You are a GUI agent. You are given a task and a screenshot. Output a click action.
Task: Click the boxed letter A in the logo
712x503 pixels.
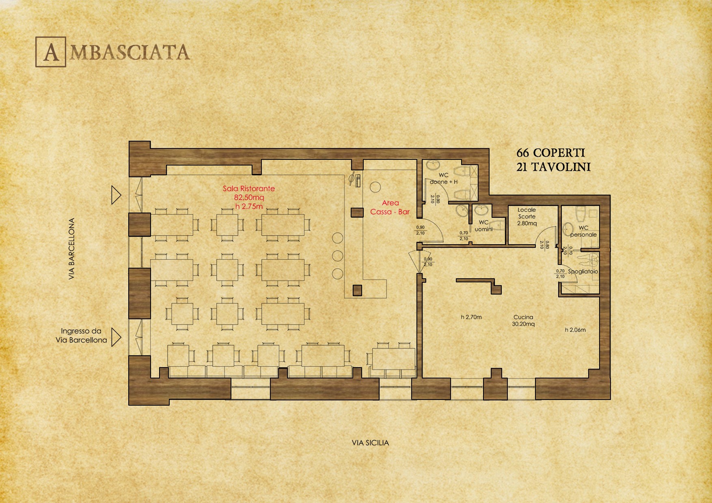click(51, 52)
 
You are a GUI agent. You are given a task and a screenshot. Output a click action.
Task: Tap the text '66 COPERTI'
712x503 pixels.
click(550, 153)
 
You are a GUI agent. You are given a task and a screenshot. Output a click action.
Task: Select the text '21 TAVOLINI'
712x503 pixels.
click(553, 167)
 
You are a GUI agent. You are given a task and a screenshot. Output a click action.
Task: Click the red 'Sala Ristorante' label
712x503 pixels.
click(249, 189)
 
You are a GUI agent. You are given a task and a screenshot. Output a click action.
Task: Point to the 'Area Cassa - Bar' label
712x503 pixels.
click(390, 207)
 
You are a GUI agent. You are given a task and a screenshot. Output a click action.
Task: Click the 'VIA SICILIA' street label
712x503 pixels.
click(370, 443)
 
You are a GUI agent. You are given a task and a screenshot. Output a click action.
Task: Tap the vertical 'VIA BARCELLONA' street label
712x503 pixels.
click(72, 249)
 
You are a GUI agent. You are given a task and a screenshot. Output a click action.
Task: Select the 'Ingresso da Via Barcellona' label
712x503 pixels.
click(81, 336)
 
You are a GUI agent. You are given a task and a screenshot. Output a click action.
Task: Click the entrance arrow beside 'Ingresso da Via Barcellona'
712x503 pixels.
click(117, 337)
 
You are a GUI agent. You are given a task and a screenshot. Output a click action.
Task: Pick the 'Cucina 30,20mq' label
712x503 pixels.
click(523, 320)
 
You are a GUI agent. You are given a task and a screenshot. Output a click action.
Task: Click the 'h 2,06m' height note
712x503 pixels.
click(575, 330)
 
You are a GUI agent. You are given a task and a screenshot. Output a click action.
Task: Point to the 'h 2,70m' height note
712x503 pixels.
click(471, 317)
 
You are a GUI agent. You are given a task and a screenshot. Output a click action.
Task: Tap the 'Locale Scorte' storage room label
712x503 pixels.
click(527, 213)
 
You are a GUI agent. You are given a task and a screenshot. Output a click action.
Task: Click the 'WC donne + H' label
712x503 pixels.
click(444, 178)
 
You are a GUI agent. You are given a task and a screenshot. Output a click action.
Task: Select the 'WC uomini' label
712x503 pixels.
click(483, 226)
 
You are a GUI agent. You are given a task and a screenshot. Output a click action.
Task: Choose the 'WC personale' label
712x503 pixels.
click(583, 231)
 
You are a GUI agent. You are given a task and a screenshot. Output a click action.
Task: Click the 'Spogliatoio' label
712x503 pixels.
click(583, 271)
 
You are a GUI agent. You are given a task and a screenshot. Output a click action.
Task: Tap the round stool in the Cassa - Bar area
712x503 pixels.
click(375, 187)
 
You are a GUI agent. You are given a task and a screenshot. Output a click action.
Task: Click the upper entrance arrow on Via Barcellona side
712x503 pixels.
click(117, 195)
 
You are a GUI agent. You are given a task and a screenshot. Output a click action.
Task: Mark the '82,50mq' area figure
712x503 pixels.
click(249, 198)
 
